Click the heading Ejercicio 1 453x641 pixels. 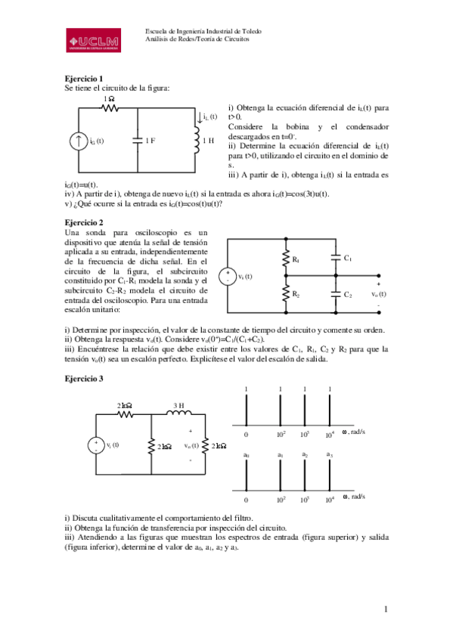[x=84, y=79]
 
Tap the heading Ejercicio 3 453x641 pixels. [x=84, y=377]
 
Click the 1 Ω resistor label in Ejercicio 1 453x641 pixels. [x=110, y=99]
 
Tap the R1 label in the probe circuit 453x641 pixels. [x=296, y=260]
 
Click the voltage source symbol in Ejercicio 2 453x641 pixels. [x=226, y=277]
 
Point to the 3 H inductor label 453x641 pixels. [x=179, y=406]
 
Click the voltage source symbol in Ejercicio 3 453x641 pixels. [x=97, y=446]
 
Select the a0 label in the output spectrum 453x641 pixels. [x=247, y=455]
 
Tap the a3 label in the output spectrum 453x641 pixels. [x=329, y=454]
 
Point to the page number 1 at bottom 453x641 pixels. [x=385, y=608]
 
